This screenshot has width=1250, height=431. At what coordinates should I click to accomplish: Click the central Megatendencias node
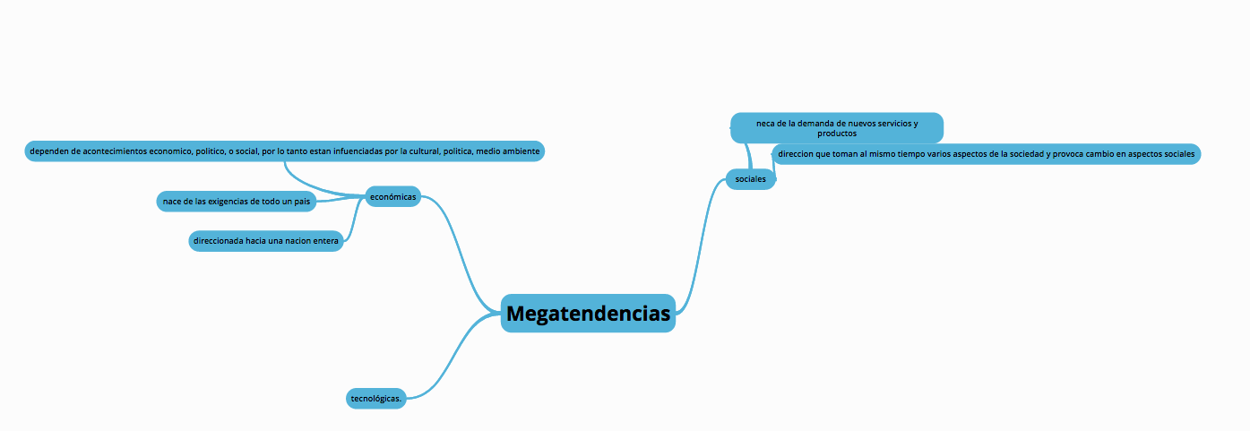(x=588, y=314)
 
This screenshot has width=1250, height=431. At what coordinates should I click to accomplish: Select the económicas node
(x=392, y=196)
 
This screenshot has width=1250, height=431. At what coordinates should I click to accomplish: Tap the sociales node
(x=751, y=179)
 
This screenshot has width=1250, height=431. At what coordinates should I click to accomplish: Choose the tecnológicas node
(x=376, y=399)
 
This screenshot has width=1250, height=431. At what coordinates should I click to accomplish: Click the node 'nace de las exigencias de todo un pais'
(x=237, y=202)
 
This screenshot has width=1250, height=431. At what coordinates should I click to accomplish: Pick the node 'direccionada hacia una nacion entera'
(x=266, y=241)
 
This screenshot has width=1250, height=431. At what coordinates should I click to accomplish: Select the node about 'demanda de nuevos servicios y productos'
(x=837, y=128)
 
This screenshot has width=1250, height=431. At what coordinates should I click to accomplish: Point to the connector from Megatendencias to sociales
(x=701, y=246)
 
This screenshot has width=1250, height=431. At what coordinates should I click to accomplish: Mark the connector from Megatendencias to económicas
(x=461, y=254)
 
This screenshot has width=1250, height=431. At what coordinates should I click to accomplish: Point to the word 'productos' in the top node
(x=837, y=134)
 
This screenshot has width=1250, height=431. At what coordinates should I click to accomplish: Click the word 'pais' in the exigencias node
(x=302, y=202)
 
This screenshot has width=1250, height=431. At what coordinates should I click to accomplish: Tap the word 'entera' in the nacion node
(x=326, y=241)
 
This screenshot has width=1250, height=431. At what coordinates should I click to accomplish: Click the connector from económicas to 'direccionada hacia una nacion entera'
(x=353, y=220)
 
